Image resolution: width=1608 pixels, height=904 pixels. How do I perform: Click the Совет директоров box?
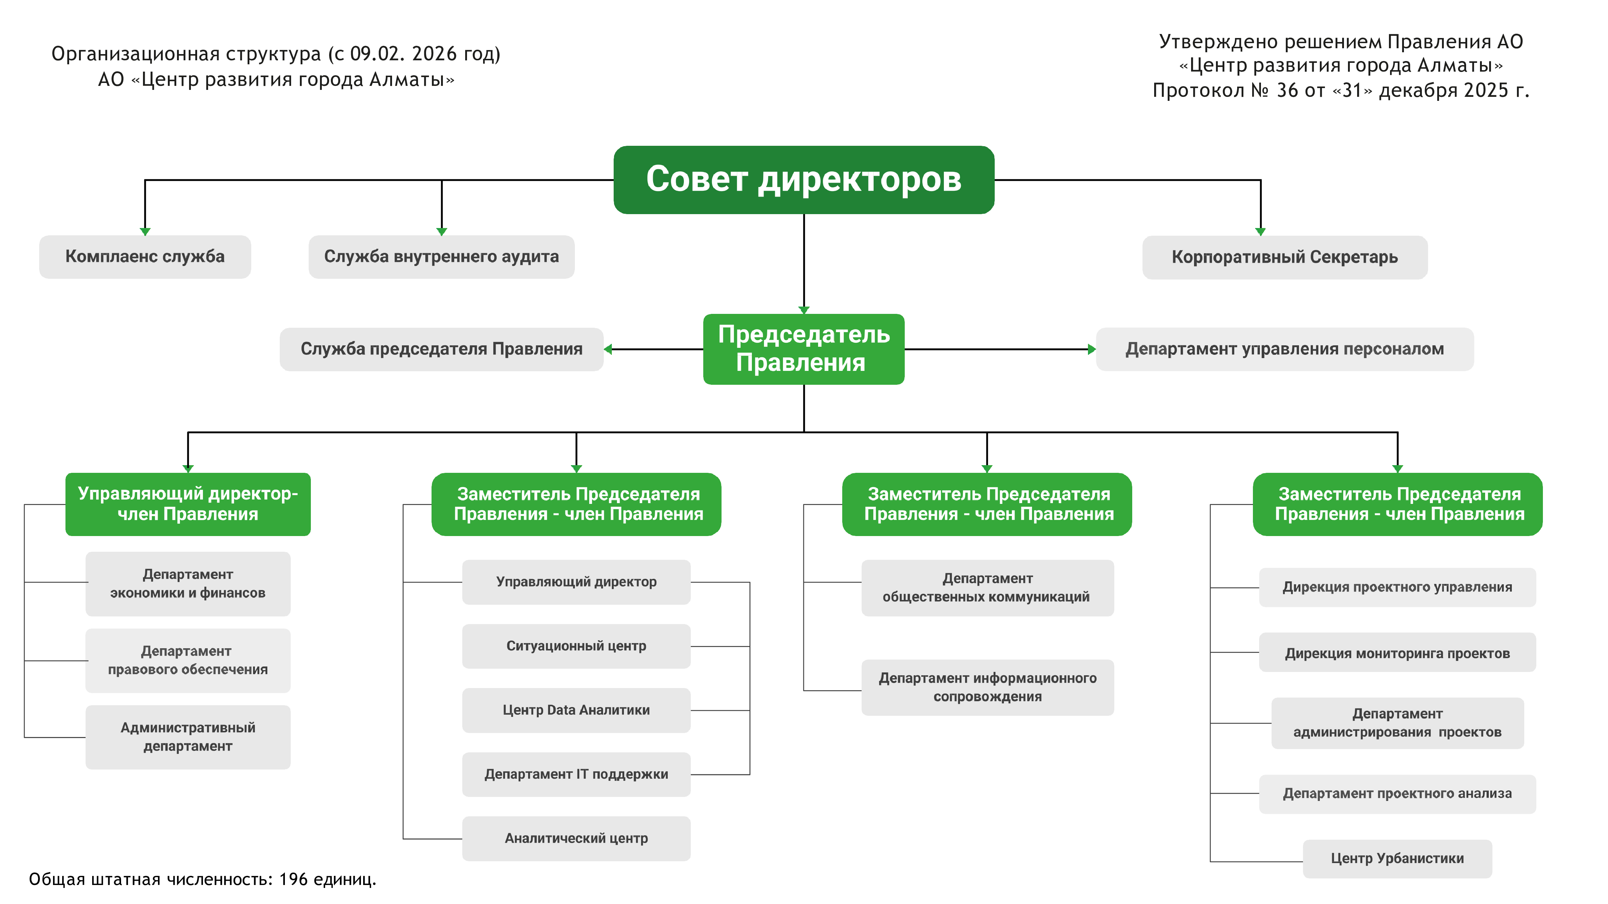click(803, 180)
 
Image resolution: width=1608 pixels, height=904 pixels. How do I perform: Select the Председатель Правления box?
click(803, 349)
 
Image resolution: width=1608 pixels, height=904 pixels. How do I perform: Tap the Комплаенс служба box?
click(145, 257)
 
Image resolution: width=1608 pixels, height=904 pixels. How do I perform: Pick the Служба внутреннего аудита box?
click(441, 257)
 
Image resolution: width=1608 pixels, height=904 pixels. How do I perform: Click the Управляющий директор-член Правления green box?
click(188, 504)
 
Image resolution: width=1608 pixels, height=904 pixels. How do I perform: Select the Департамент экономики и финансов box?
click(188, 583)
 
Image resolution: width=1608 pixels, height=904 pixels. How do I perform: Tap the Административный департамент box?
click(188, 737)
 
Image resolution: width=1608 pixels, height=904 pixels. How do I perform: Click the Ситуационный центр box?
click(576, 646)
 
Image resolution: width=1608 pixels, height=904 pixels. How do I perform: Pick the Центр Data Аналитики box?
click(576, 710)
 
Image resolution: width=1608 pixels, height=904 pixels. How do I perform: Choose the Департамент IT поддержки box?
click(576, 774)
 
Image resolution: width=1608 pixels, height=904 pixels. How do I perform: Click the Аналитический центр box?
click(576, 839)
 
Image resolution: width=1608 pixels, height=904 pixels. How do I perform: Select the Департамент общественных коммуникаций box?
click(987, 588)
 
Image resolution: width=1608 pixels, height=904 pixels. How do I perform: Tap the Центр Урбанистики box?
click(1397, 858)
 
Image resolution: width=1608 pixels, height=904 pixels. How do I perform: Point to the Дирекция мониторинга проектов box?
click(1397, 653)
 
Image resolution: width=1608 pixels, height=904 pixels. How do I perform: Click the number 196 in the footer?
click(293, 880)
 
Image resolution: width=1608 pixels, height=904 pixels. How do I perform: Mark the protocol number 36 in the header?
click(1287, 91)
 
